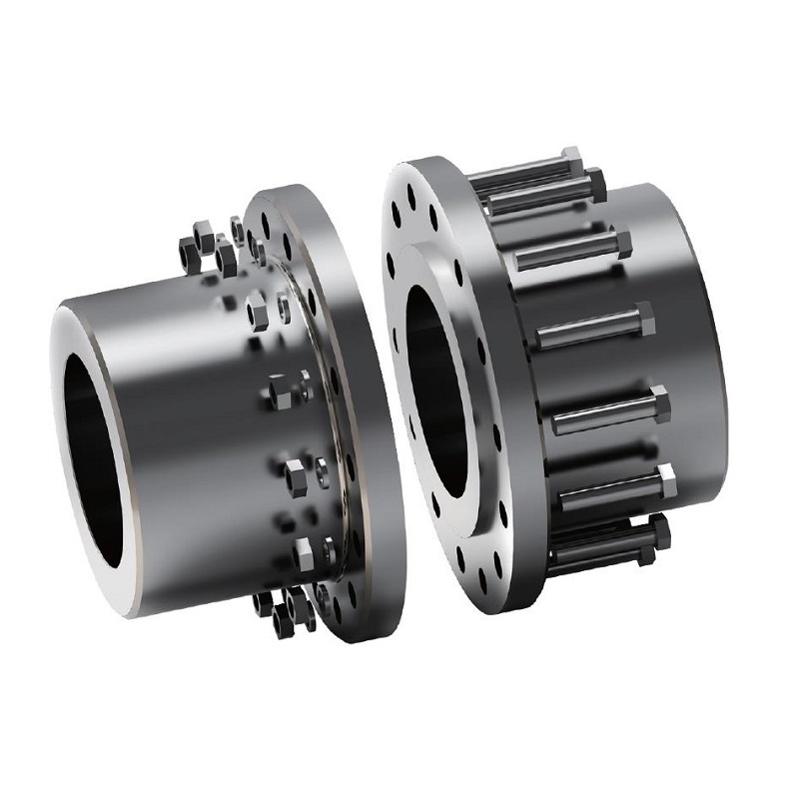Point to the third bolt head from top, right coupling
tap(622, 244)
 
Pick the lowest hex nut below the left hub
tap(285, 624)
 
